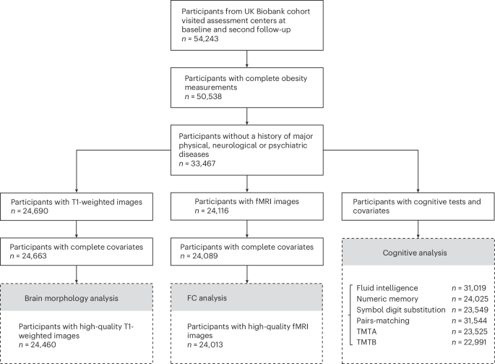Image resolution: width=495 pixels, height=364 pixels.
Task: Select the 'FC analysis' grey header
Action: (x=248, y=297)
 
